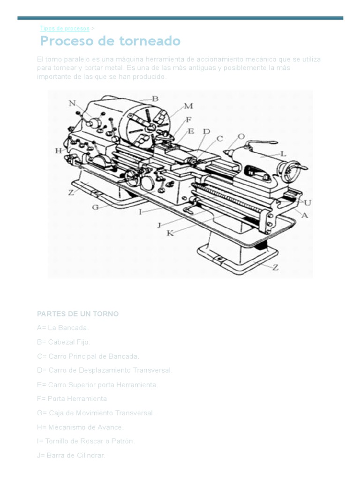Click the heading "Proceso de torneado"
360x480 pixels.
pos(110,41)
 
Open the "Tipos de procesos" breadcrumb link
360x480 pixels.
pos(65,29)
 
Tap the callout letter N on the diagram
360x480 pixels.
pos(72,103)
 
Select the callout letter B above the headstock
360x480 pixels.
pos(155,98)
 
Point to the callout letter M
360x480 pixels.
pos(188,106)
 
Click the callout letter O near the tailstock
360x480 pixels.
pos(241,136)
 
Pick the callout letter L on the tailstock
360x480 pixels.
pos(283,153)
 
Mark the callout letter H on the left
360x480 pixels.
pos(59,150)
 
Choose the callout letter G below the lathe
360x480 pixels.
pos(96,206)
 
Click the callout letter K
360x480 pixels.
pos(170,233)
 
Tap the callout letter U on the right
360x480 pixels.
pos(307,202)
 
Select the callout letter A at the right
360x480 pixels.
pos(305,215)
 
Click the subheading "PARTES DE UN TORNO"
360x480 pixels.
pos(78,314)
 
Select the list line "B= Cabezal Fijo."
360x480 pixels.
pos(64,342)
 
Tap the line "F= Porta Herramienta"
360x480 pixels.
pos(72,399)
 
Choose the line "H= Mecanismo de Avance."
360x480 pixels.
pos(80,427)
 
